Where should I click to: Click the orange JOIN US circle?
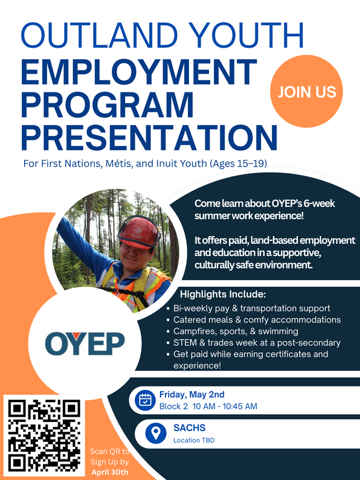point(306,91)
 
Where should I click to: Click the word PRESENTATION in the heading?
point(149,138)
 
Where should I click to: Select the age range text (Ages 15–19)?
point(238,164)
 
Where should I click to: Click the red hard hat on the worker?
point(139,231)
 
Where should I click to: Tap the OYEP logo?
point(85,343)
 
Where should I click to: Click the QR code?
point(44,435)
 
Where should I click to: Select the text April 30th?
point(109,472)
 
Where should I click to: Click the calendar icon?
point(145,400)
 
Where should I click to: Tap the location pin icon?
point(156,433)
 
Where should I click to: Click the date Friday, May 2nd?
point(192,395)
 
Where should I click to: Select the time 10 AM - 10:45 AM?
point(225,406)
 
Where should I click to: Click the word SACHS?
point(190,427)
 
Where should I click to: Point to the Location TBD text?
point(194,440)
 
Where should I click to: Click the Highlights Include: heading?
point(223,294)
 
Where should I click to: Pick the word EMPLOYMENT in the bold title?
point(139,72)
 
